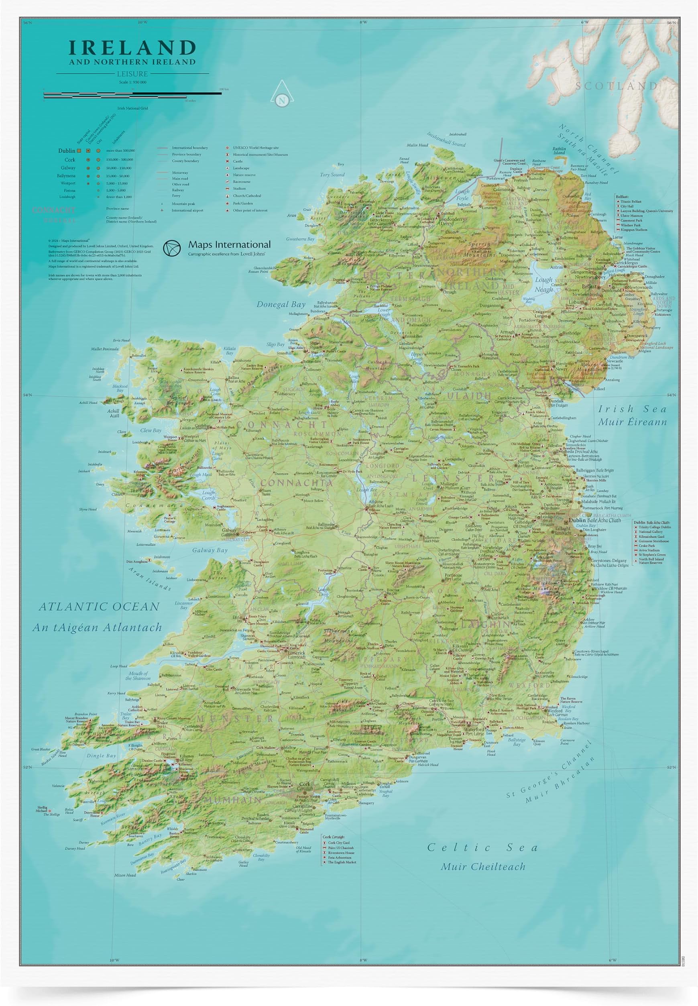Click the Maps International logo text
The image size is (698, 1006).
[x=229, y=244]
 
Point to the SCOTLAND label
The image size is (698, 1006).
[x=616, y=86]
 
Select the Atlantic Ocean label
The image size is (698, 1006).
[x=99, y=606]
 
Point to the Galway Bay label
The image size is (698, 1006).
[x=210, y=550]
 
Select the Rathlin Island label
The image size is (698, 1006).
[x=559, y=151]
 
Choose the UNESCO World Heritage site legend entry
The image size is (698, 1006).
[x=256, y=148]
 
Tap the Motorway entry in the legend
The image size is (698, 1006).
[x=179, y=173]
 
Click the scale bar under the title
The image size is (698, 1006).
[x=132, y=93]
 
